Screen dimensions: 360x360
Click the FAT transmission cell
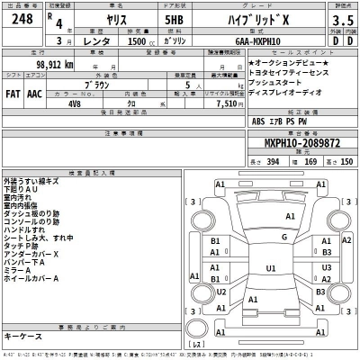point(13,93)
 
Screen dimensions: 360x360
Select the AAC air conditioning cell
point(34,93)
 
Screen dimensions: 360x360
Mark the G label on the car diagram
point(283,237)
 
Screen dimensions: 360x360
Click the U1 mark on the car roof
point(272,267)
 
